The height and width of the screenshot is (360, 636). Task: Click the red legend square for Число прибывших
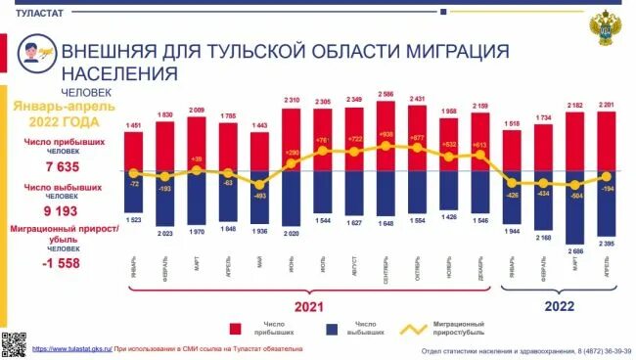coord(237,328)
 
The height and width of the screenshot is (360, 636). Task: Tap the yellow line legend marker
coord(422,328)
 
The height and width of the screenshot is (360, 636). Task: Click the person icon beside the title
coord(35,51)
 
